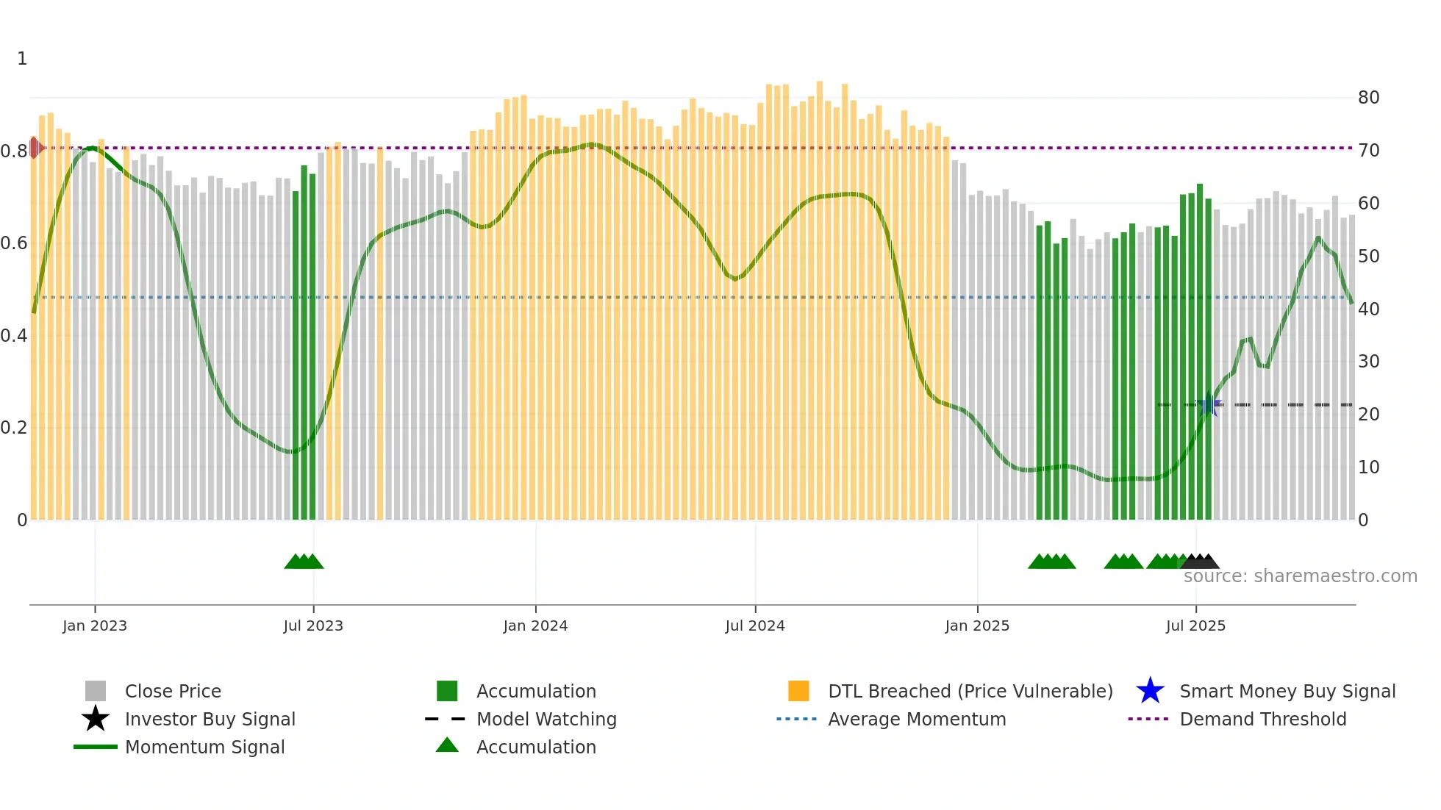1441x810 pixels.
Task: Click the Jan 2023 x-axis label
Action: pos(95,626)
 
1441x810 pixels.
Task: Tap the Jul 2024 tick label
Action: pos(755,626)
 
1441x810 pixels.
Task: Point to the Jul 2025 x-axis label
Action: pos(1195,626)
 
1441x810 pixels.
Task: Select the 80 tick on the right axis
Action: pos(1368,98)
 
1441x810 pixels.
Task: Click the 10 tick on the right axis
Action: pos(1368,467)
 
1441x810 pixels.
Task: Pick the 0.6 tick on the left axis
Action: pos(14,243)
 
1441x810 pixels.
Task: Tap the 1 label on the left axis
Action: pos(22,59)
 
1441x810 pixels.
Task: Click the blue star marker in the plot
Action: pos(1209,404)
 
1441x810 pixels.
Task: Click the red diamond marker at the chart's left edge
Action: pos(35,148)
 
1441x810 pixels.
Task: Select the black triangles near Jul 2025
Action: pos(1200,562)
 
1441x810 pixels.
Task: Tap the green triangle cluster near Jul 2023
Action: pos(304,562)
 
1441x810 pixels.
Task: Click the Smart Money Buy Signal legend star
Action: pos(1150,691)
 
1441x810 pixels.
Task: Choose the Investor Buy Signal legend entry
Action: pos(210,719)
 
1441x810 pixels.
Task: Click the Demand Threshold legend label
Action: pos(1262,719)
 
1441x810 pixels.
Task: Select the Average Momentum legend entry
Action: pos(916,719)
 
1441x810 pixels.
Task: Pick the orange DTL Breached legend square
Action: pos(798,691)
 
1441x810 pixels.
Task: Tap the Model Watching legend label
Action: pos(546,719)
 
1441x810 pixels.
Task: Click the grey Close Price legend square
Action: pos(96,691)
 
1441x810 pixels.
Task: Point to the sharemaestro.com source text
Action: pos(1300,576)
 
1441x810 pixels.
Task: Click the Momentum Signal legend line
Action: pos(96,747)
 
